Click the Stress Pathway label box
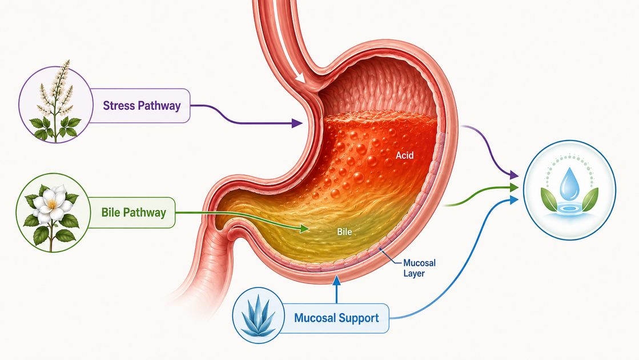[139, 106]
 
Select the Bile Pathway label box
[131, 213]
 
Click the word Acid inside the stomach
[405, 155]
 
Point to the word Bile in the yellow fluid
[344, 232]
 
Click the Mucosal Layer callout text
[419, 268]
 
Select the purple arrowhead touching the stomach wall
[297, 123]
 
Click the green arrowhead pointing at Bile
[304, 229]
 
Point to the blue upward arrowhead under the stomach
[336, 280]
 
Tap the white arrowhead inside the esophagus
[300, 77]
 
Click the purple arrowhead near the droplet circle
[513, 175]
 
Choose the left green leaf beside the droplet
[549, 199]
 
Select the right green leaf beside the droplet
[590, 199]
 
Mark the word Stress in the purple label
[119, 106]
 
